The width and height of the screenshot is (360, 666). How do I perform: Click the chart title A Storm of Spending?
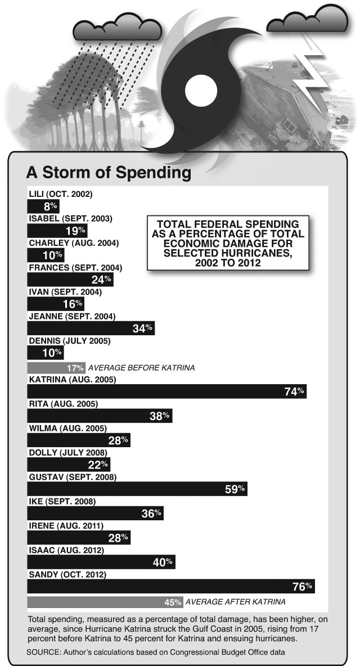click(x=108, y=173)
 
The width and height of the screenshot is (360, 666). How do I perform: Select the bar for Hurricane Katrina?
click(x=167, y=391)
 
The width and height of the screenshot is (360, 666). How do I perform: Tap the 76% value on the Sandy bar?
click(x=303, y=587)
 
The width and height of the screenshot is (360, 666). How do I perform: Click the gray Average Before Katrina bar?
click(x=56, y=368)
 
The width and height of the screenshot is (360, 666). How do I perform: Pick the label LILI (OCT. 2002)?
click(x=61, y=194)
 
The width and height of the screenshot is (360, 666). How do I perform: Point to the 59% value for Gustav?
click(x=235, y=489)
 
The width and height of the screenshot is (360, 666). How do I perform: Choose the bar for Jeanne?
click(x=91, y=328)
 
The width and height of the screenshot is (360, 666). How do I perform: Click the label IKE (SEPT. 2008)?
click(x=62, y=502)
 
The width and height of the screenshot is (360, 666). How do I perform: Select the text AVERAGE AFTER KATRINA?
click(x=236, y=602)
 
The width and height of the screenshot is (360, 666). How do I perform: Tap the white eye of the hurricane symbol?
click(x=201, y=90)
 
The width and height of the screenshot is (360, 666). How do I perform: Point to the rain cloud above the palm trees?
click(x=117, y=28)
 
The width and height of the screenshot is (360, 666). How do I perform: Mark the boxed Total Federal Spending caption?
click(x=228, y=243)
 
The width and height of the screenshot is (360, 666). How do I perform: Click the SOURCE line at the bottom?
click(x=156, y=652)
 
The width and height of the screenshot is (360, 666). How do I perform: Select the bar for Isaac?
click(x=101, y=562)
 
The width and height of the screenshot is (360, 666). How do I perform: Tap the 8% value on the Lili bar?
click(x=50, y=207)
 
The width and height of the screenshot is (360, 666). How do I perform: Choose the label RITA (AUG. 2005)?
click(x=63, y=404)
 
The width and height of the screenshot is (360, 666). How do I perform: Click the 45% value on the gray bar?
click(x=173, y=602)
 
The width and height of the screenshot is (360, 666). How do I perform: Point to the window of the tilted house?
click(x=290, y=125)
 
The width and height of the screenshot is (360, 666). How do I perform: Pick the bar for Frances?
click(x=70, y=280)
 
